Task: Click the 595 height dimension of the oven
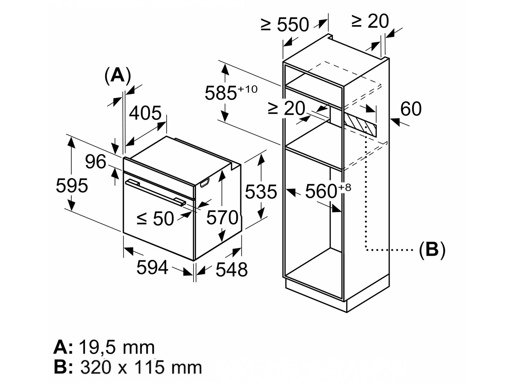(72, 186)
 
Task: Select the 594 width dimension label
(152, 268)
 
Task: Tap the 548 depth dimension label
(231, 269)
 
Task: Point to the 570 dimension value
(222, 217)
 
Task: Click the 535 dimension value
(260, 191)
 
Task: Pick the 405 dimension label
(145, 113)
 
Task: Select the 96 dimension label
(96, 162)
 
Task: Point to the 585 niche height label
(228, 93)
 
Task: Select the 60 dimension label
(411, 109)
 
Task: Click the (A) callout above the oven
(117, 76)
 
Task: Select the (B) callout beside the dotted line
(432, 249)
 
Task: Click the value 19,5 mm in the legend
(116, 348)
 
